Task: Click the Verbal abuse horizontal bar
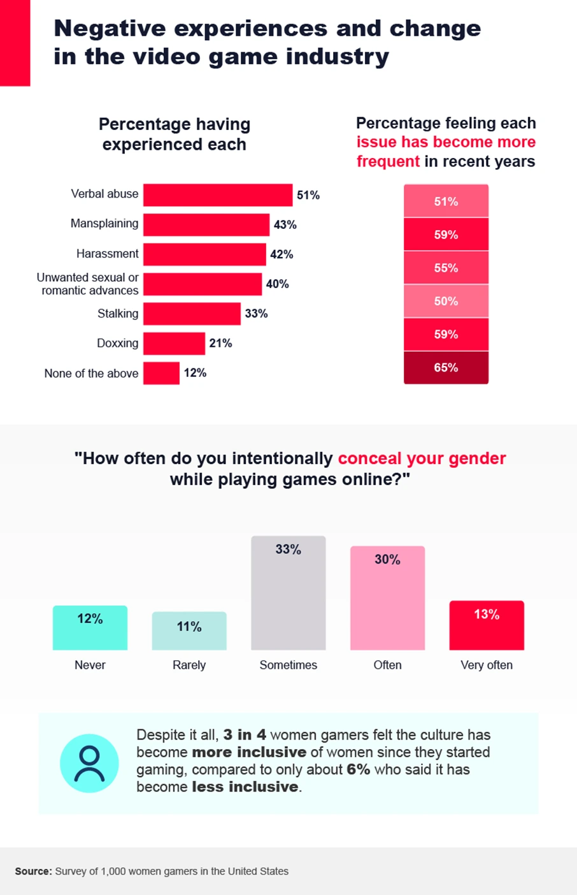[x=217, y=195]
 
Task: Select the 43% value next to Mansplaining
[x=285, y=224]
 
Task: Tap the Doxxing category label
[x=117, y=343]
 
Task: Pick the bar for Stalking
[x=192, y=314]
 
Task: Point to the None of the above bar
[x=161, y=373]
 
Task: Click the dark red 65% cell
[x=446, y=368]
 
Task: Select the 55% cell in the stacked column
[x=446, y=268]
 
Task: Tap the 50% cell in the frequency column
[x=446, y=301]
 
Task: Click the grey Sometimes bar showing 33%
[x=288, y=593]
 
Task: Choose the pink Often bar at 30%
[x=387, y=598]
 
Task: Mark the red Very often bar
[x=487, y=625]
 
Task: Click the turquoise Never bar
[x=90, y=628]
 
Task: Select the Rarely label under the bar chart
[x=189, y=665]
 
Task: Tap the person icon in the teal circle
[x=89, y=763]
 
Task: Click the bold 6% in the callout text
[x=359, y=769]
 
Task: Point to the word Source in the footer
[x=33, y=871]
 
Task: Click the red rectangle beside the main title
[x=15, y=43]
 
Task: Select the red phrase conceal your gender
[x=422, y=458]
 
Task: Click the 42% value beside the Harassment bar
[x=281, y=254]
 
